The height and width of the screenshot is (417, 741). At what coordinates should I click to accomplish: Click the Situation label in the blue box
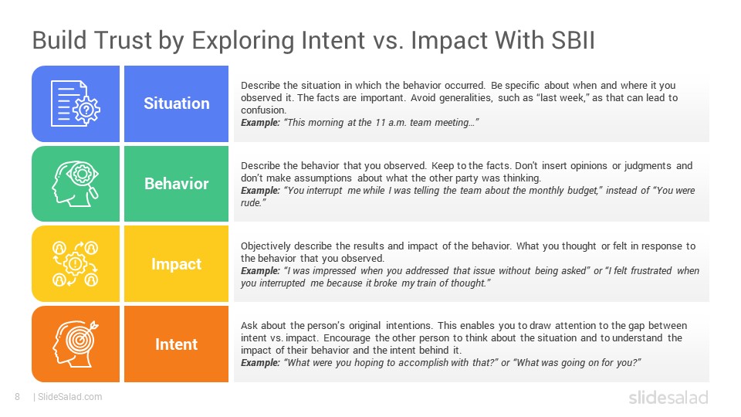[176, 103]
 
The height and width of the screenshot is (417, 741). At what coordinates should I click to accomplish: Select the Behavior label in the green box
[176, 184]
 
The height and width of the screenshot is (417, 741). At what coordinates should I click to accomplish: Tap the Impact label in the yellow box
[176, 264]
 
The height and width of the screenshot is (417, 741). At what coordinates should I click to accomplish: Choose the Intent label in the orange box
[176, 344]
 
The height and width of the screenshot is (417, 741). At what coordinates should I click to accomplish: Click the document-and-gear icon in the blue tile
[75, 103]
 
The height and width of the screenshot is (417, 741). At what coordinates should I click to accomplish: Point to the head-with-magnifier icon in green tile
[75, 184]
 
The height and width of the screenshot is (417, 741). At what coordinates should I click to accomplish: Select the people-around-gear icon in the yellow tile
[75, 264]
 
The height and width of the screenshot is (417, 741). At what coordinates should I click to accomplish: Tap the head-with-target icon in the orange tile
[75, 344]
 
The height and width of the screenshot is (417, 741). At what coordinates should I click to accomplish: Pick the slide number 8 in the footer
[17, 397]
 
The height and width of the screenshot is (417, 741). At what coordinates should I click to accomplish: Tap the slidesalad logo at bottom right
[668, 397]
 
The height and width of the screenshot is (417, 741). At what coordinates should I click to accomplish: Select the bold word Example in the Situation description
[260, 123]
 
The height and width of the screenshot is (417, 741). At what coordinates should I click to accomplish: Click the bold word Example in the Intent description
[260, 363]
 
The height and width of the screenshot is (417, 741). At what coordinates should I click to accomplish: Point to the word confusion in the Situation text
[263, 110]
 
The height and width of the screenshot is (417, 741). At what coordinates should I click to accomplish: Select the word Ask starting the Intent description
[249, 325]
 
